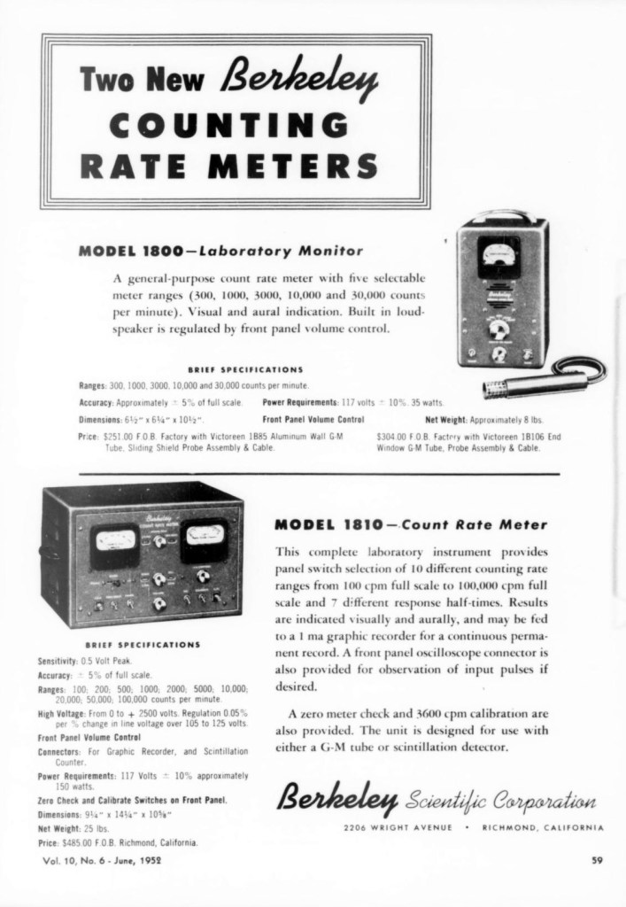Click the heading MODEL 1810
pos(330,524)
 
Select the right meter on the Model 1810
pos(204,542)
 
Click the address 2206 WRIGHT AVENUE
pos(399,828)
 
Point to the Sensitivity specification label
pos(59,662)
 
